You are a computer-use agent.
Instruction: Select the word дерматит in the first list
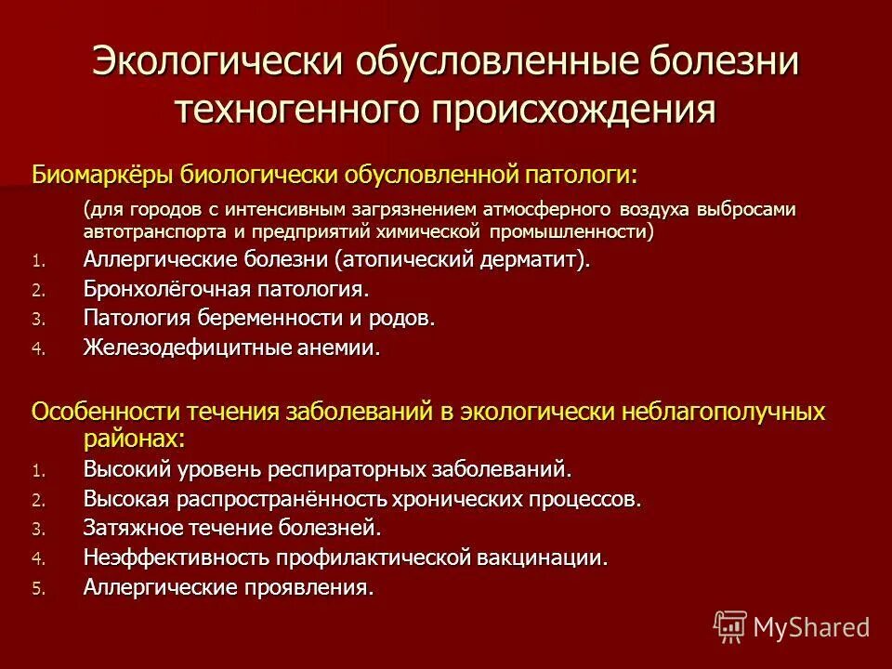[526, 260]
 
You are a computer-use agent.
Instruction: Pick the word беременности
[256, 318]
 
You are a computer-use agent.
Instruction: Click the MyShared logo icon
[729, 625]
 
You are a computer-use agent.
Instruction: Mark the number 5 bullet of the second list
[37, 588]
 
